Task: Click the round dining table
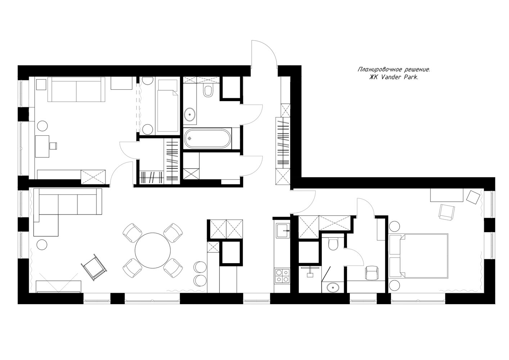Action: click(x=153, y=251)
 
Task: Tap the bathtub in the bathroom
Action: click(x=207, y=138)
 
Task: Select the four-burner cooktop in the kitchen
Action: click(x=283, y=276)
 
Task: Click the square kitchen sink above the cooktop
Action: click(x=283, y=230)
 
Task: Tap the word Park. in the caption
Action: click(x=411, y=77)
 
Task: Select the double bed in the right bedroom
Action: click(x=419, y=256)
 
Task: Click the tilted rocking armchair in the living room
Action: click(x=94, y=267)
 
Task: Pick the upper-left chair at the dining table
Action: click(x=132, y=233)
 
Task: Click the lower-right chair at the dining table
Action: click(x=173, y=268)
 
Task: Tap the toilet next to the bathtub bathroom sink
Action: click(x=208, y=91)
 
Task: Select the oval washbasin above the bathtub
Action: click(x=189, y=114)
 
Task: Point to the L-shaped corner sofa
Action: click(x=67, y=212)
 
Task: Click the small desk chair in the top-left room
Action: click(x=53, y=146)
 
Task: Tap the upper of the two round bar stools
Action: click(x=200, y=267)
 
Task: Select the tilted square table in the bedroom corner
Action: click(x=473, y=197)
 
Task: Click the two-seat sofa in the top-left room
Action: click(x=76, y=89)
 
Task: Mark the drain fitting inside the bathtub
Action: click(x=190, y=138)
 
